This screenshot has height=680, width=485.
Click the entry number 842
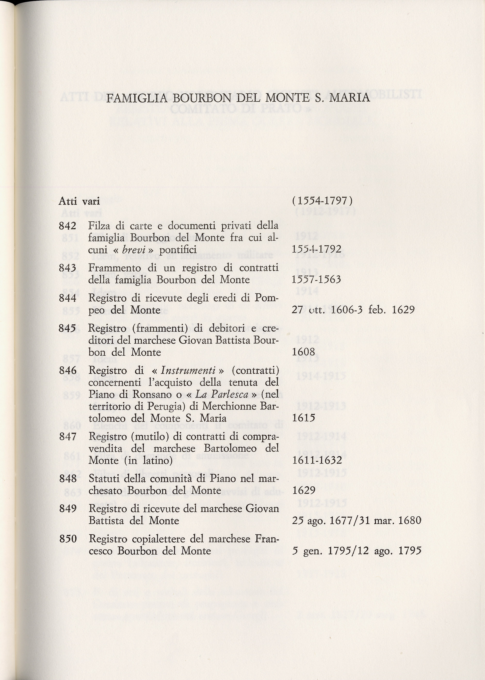point(67,226)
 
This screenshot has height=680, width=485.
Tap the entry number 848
point(68,479)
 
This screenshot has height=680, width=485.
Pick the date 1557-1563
point(316,280)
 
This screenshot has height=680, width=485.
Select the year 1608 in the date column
point(303,352)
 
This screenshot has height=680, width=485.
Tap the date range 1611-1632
point(317,460)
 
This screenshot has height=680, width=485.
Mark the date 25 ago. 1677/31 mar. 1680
point(356,520)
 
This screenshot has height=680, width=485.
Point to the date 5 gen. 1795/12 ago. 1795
point(356,551)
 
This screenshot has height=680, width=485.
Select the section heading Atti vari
point(79,201)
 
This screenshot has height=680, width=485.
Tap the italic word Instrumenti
point(188,370)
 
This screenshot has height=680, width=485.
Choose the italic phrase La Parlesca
point(222,394)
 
